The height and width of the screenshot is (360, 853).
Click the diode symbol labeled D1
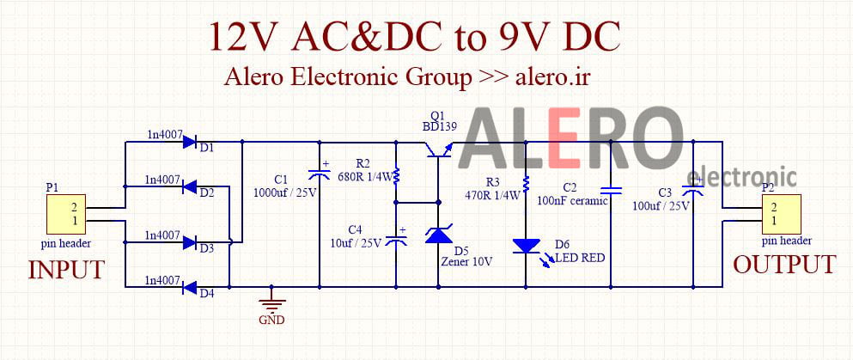pos(191,141)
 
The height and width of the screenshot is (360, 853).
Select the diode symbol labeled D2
pos(191,187)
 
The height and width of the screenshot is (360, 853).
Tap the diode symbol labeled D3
pos(191,241)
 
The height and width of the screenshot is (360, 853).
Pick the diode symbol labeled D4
pos(191,287)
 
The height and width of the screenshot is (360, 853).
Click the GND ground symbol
pos(271,302)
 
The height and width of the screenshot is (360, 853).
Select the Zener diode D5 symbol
pos(438,234)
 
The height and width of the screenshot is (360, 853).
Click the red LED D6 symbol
pos(526,247)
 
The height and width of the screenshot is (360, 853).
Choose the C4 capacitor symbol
pos(396,240)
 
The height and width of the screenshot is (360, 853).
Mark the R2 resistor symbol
pos(396,175)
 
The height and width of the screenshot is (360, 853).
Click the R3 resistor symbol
pos(526,183)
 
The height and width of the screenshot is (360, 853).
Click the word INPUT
pos(67,270)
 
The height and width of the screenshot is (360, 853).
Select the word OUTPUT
pos(783,264)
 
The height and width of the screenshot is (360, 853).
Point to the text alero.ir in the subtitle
pos(552,76)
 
